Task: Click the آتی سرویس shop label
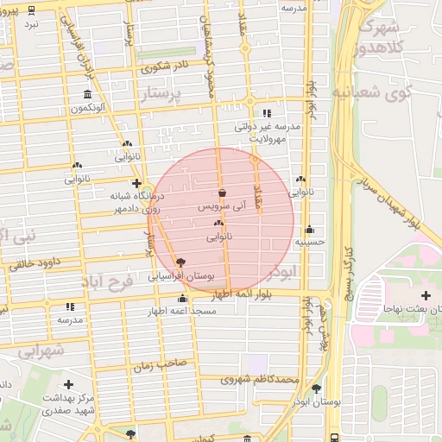pos(223,207)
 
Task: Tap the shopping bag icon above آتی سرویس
pos(223,193)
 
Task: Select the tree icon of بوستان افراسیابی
pos(180,262)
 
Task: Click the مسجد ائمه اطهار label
pos(181,311)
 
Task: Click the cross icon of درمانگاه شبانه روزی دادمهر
pos(136,183)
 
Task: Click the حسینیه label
pos(309,243)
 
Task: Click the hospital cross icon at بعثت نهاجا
pos(425,296)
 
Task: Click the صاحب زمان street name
pos(160,366)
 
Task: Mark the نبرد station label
pos(31,24)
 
